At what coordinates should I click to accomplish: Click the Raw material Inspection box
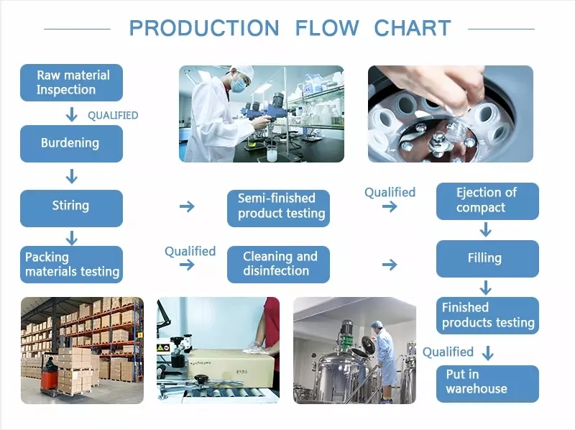[x=71, y=82]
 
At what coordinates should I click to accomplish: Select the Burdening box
[x=71, y=143]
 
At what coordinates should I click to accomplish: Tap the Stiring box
[x=71, y=206]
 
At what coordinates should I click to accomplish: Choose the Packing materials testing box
[x=71, y=264]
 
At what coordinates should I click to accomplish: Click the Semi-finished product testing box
[x=278, y=206]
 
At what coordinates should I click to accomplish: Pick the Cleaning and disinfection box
[x=278, y=264]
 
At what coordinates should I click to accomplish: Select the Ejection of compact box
[x=487, y=201]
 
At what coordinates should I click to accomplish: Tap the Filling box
[x=487, y=258]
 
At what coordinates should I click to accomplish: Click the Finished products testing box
[x=487, y=316]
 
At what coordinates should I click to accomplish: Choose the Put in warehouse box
[x=487, y=383]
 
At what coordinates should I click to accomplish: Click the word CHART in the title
[x=413, y=29]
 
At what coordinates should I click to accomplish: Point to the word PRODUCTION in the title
[x=203, y=29]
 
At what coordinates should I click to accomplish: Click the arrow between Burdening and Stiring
[x=71, y=176]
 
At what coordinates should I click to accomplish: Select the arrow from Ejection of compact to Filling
[x=486, y=229]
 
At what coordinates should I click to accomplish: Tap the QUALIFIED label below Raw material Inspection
[x=113, y=115]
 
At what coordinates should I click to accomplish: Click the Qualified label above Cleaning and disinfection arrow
[x=190, y=251]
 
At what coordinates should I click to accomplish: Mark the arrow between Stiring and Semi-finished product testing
[x=187, y=207]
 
